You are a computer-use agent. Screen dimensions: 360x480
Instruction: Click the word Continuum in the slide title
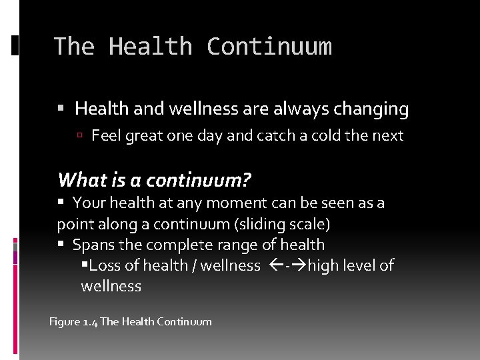pyautogui.click(x=269, y=47)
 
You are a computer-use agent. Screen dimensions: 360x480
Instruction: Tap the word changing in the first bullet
pyautogui.click(x=371, y=108)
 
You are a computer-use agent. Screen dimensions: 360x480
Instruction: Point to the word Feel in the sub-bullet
pyautogui.click(x=105, y=136)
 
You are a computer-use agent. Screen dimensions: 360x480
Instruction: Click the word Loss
pyautogui.click(x=105, y=265)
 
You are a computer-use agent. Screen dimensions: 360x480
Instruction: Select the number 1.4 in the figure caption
pyautogui.click(x=90, y=322)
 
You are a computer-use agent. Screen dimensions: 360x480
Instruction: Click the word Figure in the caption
pyautogui.click(x=65, y=322)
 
